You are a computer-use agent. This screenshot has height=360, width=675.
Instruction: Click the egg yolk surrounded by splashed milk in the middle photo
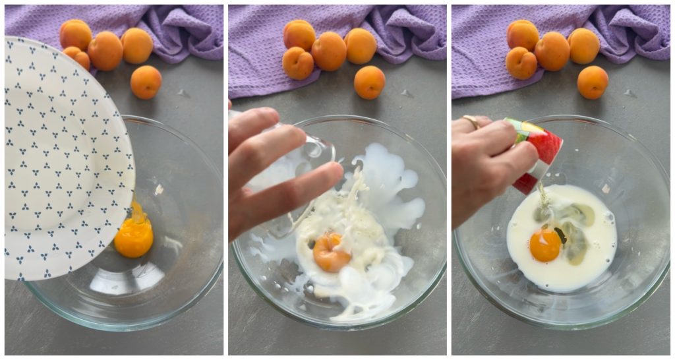[x=330, y=252]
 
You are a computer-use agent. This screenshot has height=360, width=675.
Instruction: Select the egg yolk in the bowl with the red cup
[x=545, y=245]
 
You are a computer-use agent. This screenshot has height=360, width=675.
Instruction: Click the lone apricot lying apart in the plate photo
[x=146, y=82]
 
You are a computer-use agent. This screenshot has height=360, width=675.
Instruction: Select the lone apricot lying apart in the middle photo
[x=369, y=82]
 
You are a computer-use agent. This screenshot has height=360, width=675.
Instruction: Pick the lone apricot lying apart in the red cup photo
[x=593, y=82]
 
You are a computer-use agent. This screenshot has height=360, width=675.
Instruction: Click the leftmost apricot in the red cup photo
[x=521, y=63]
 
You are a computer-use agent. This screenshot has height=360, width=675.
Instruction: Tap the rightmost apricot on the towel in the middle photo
[x=361, y=45]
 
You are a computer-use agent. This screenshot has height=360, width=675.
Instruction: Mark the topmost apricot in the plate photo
[x=75, y=34]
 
